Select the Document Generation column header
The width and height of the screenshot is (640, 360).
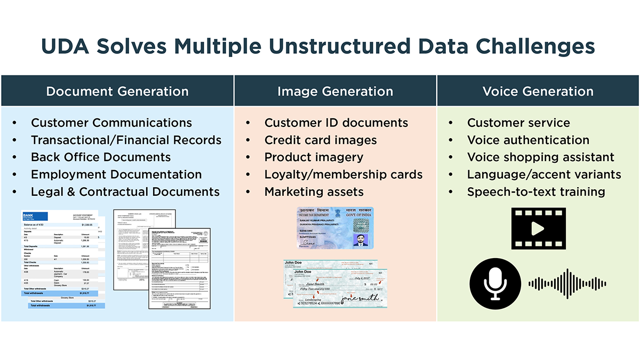point(117,91)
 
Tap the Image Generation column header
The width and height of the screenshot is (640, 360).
point(335,91)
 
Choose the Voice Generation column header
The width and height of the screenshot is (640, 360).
point(538,91)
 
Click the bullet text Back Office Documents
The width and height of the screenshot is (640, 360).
point(101,157)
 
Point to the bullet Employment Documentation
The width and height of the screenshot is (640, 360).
point(116,174)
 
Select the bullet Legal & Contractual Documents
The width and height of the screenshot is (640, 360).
point(125,191)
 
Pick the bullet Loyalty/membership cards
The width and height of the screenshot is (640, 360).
point(343,174)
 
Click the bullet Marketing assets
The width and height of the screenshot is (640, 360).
point(314,191)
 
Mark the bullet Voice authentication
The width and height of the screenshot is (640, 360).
point(528,140)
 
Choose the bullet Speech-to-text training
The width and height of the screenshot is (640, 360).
point(536,191)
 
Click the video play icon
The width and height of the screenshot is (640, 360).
point(538,229)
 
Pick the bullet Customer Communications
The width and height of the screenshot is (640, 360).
point(111,123)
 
